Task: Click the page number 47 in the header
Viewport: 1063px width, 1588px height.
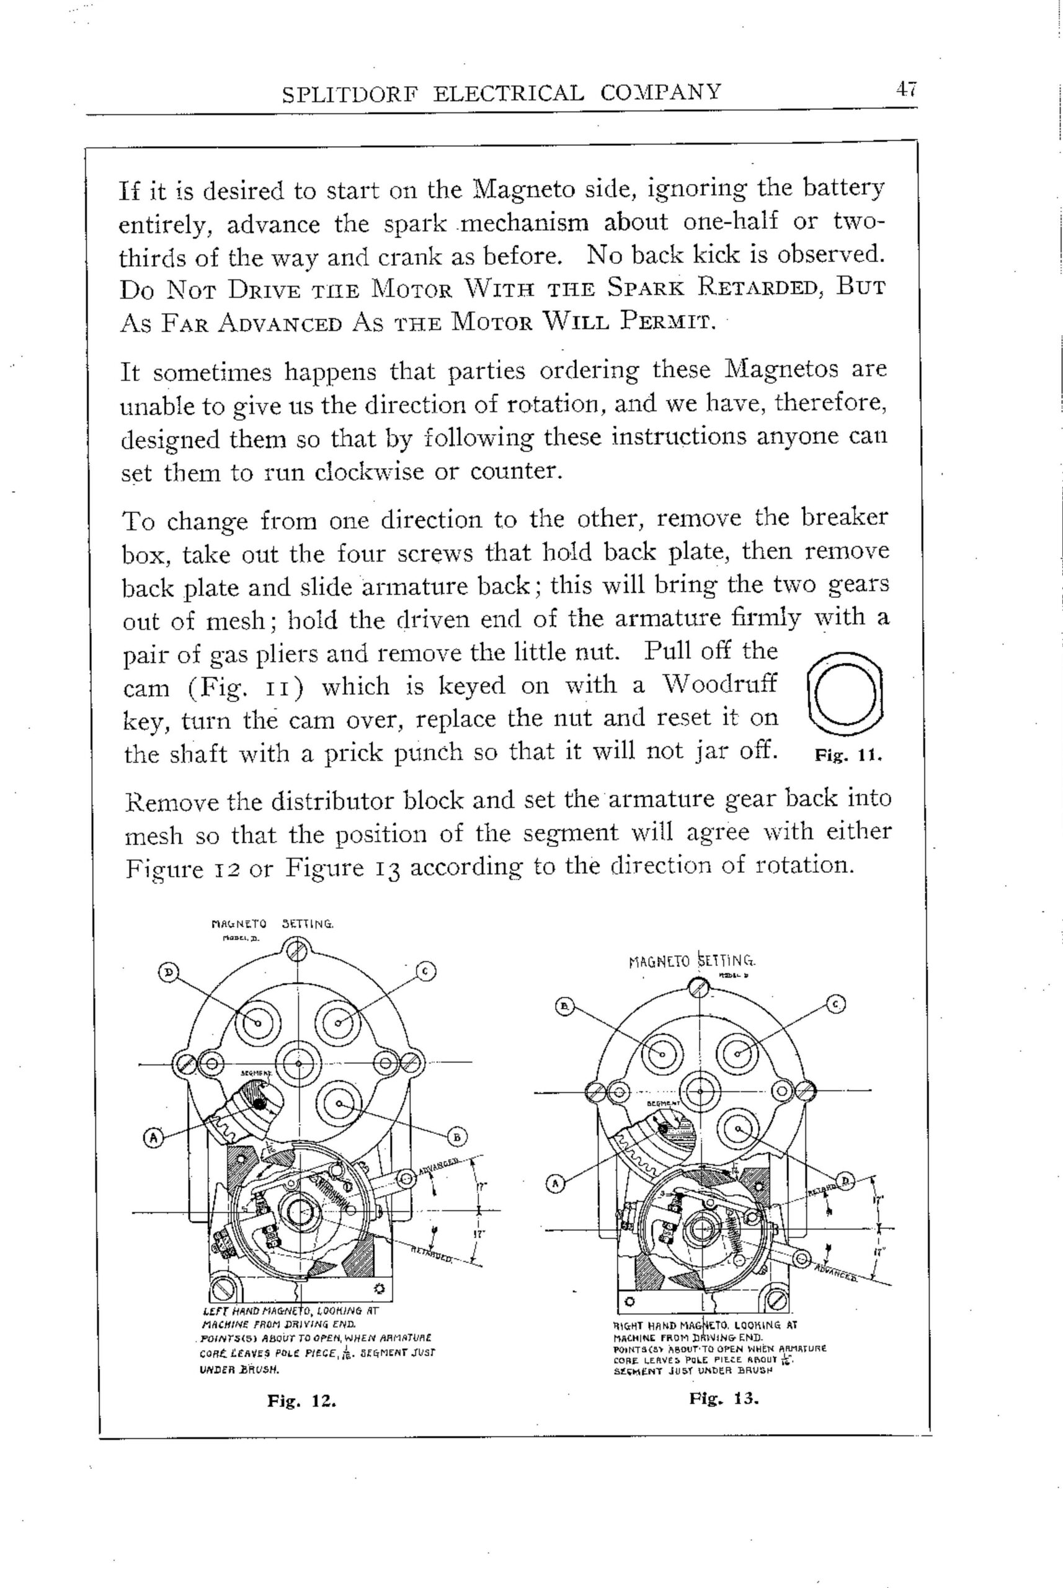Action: (905, 89)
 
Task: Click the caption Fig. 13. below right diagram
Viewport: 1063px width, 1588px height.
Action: (723, 1398)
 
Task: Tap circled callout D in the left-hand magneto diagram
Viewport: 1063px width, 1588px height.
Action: (168, 973)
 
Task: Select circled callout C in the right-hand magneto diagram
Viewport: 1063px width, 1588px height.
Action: (836, 1005)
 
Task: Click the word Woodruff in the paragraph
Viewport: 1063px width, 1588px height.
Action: (719, 685)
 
